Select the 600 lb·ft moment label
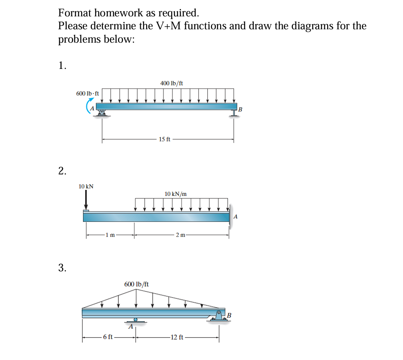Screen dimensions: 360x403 pyautogui.click(x=87, y=93)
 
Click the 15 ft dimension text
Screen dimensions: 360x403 pyautogui.click(x=164, y=139)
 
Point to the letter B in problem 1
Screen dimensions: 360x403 pyautogui.click(x=240, y=109)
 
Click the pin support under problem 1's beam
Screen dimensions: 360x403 pyautogui.click(x=102, y=112)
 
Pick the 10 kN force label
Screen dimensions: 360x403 pyautogui.click(x=86, y=186)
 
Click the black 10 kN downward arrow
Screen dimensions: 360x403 pyautogui.click(x=86, y=199)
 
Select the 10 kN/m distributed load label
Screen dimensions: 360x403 pyautogui.click(x=175, y=194)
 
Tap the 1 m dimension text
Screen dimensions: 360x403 pyautogui.click(x=111, y=235)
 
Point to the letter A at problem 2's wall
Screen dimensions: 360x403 pyautogui.click(x=235, y=217)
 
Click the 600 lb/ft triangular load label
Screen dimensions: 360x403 pyautogui.click(x=136, y=284)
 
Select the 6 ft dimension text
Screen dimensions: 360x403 pyautogui.click(x=108, y=337)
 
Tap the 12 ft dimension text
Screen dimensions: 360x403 pyautogui.click(x=177, y=337)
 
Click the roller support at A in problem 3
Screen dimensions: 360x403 pyautogui.click(x=135, y=320)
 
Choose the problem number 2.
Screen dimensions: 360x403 pyautogui.click(x=62, y=171)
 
